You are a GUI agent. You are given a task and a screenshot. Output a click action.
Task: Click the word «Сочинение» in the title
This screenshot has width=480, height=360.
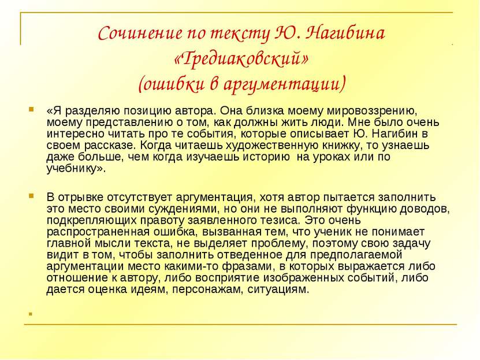140,33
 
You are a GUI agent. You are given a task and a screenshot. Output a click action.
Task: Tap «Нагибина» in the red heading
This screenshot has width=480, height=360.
345,33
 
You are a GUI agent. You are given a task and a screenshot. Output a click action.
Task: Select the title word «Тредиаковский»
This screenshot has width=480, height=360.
241,58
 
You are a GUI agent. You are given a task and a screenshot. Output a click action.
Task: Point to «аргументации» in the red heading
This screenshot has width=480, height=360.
284,84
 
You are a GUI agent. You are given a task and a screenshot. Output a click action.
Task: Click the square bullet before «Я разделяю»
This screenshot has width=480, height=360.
31,109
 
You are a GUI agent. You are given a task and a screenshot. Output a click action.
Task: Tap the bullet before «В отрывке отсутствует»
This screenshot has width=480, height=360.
31,196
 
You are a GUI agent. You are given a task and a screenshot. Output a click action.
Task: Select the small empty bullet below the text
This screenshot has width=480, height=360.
30,314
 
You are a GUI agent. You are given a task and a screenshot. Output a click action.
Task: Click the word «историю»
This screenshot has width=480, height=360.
266,157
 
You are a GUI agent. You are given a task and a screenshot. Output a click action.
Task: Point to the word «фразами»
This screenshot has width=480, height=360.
247,267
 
